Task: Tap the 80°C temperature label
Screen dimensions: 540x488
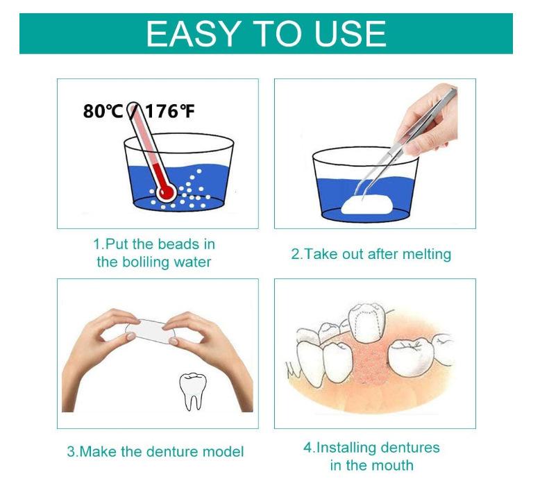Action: coord(103,111)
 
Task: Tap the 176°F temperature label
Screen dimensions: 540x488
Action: coord(169,111)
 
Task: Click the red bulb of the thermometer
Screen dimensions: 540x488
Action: coord(167,193)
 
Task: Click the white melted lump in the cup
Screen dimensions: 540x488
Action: coord(367,205)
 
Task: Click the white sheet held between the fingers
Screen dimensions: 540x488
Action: coord(150,331)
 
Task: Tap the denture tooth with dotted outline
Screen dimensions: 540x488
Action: coord(366,323)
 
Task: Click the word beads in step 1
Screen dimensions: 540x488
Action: coord(178,244)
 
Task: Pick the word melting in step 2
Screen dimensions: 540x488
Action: coord(427,255)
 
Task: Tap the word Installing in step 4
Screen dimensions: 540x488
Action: coord(346,448)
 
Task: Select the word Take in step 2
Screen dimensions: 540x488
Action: coord(317,254)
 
